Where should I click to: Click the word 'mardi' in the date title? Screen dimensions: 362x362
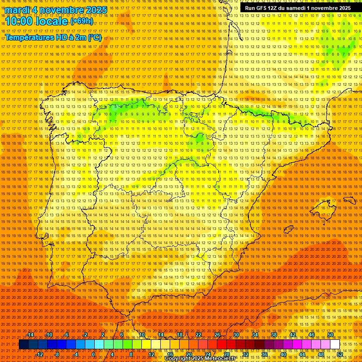tap(17, 10)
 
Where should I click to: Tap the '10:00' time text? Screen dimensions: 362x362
tap(20, 21)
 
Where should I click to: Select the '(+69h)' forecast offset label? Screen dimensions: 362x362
tap(82, 21)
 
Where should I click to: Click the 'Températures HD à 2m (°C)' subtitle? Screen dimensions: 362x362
tap(53, 38)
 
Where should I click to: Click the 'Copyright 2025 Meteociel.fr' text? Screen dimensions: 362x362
tap(207, 359)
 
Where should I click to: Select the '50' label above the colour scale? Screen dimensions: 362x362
tap(330, 335)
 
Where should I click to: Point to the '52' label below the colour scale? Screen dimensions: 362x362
tap(340, 354)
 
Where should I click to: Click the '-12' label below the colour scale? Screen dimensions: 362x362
tap(40, 354)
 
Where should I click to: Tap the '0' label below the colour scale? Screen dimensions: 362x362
tap(93, 354)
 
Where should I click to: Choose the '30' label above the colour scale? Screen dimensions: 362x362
tap(236, 335)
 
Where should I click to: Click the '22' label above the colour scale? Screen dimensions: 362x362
tap(198, 335)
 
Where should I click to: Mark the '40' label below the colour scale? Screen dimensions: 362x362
tap(283, 354)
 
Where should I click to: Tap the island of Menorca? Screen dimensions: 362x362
tap(349, 200)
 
